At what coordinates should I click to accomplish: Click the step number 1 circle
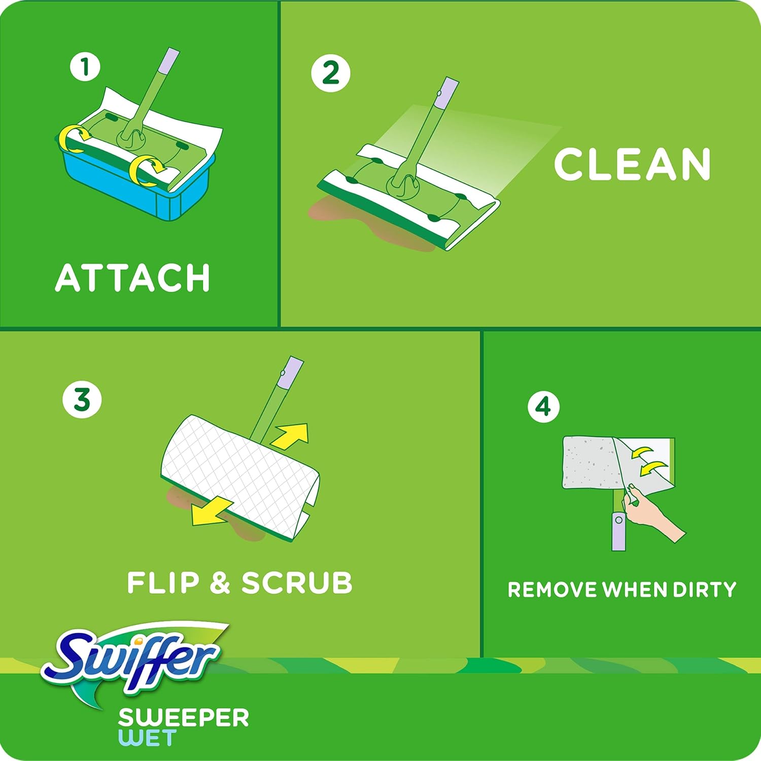click(x=85, y=67)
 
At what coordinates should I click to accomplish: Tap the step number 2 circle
click(x=331, y=73)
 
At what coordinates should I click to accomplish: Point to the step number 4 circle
click(x=543, y=406)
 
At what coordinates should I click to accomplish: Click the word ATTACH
click(x=132, y=278)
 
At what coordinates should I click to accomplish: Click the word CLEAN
click(x=632, y=164)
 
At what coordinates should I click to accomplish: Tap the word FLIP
click(x=163, y=582)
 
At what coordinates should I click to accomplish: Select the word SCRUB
click(x=297, y=582)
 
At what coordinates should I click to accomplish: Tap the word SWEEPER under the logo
click(x=184, y=717)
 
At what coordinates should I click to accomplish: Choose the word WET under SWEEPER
click(x=147, y=738)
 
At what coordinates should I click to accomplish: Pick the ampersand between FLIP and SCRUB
click(x=220, y=582)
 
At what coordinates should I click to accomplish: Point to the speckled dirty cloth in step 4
click(x=589, y=462)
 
